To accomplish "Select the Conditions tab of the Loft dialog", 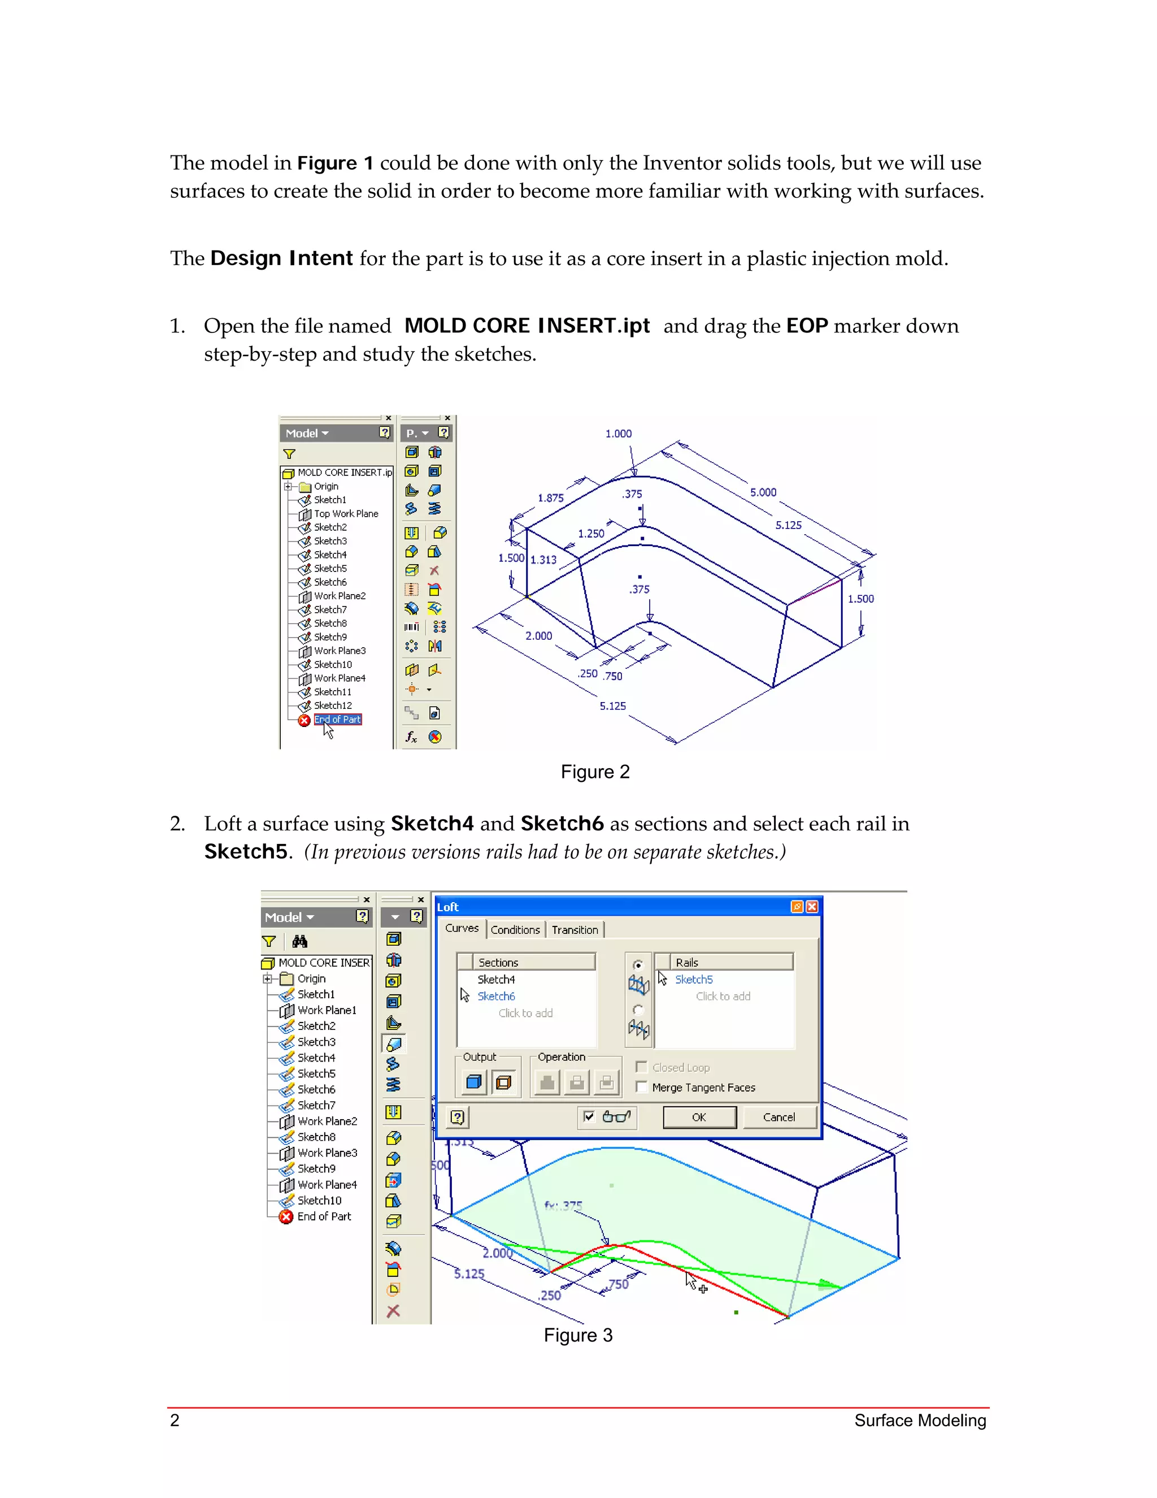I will [515, 930].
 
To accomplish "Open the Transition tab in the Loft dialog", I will [575, 930].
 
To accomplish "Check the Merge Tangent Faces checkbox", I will [642, 1087].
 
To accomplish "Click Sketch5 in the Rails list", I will [694, 980].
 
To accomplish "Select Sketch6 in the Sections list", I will [495, 996].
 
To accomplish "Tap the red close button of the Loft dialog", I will [812, 907].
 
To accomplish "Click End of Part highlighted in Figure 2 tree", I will [337, 720].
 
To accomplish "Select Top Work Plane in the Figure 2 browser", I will [345, 514].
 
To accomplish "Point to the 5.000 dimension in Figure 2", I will [763, 492].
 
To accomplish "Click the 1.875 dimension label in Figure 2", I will [550, 498].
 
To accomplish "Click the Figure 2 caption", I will [594, 772].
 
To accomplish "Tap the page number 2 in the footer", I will [175, 1420].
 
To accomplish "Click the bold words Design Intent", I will [281, 258].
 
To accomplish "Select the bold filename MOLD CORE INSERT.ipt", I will [527, 326].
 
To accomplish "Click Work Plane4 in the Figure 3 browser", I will [327, 1184].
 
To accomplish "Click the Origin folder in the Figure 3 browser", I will [311, 979].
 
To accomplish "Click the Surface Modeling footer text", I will [919, 1421].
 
